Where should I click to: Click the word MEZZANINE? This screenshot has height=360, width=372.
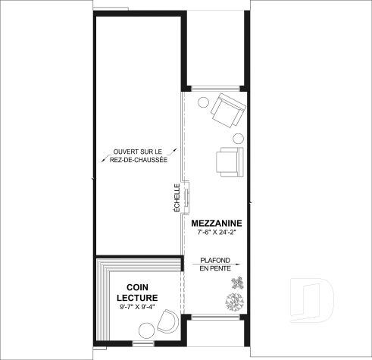pos(216,223)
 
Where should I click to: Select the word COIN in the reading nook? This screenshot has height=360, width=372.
pos(138,287)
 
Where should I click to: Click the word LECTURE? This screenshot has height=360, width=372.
pos(138,298)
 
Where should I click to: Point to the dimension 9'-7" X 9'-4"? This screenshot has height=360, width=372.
pos(138,308)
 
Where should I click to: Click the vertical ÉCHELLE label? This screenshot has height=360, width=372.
pos(177,198)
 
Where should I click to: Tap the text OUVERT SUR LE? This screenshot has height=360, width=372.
pos(140,152)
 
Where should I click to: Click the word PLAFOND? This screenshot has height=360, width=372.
pos(216,260)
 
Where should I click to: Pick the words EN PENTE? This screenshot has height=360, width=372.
pos(216,269)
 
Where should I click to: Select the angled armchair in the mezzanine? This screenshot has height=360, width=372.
pos(227,111)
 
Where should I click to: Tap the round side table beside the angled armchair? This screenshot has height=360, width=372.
pos(202,102)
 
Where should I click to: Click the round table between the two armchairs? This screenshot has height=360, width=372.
pos(237,138)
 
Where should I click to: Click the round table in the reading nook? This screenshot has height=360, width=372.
pos(145,328)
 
